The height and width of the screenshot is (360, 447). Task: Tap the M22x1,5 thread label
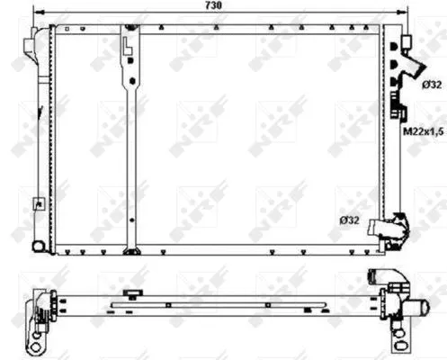pyautogui.click(x=422, y=133)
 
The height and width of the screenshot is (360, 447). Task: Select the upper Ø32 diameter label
pyautogui.click(x=429, y=85)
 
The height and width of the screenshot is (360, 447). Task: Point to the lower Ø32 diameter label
pyautogui.click(x=351, y=219)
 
